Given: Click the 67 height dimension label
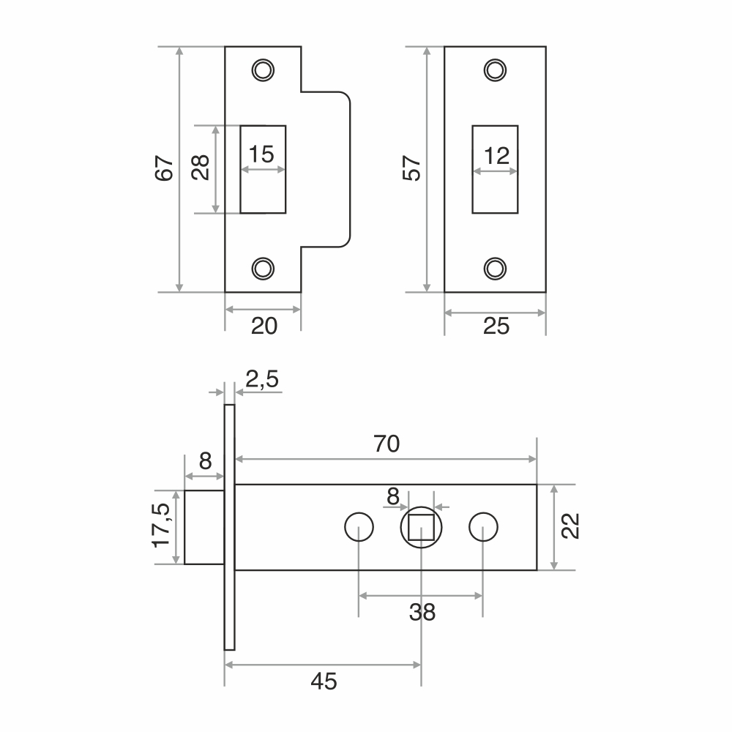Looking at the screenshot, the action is [x=164, y=168].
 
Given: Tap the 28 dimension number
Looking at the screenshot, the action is [x=201, y=167].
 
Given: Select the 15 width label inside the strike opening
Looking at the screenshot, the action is [x=261, y=154].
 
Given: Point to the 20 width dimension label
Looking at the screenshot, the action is [x=264, y=326].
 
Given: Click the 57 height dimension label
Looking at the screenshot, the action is [x=411, y=168].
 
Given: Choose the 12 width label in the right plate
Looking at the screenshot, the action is [x=497, y=156].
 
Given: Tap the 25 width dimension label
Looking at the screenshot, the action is [x=496, y=326].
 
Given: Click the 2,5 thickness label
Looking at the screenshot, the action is [x=262, y=379].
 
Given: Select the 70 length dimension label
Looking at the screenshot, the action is [x=386, y=444].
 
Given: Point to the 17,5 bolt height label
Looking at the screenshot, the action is [x=162, y=525].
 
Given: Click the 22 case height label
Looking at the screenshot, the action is [x=570, y=526].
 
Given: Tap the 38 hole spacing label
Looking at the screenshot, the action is [x=422, y=612].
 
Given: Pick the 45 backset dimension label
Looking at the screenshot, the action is [x=324, y=681].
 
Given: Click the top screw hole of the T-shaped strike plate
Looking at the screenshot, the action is [x=263, y=70].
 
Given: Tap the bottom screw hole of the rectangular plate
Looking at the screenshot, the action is [x=495, y=269].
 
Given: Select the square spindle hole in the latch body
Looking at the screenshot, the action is [x=421, y=527].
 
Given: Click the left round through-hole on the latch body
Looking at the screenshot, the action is [x=359, y=527].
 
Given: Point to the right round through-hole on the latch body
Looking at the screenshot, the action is [x=483, y=527].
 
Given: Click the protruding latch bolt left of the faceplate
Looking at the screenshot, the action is [x=204, y=527].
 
